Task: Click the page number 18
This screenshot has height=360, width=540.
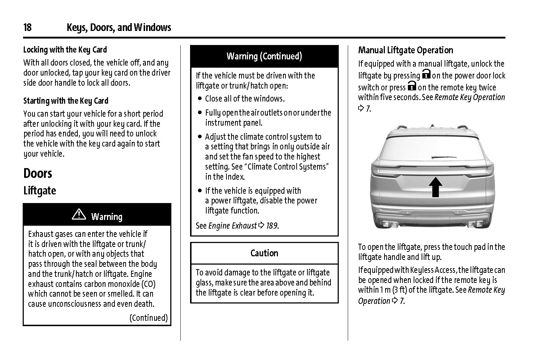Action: pyautogui.click(x=27, y=27)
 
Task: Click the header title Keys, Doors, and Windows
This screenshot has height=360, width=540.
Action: pyautogui.click(x=119, y=27)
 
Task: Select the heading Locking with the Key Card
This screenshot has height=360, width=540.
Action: pyautogui.click(x=65, y=50)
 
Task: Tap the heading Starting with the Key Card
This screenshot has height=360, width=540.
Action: pyautogui.click(x=66, y=101)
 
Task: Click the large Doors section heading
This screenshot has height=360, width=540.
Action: pyautogui.click(x=38, y=174)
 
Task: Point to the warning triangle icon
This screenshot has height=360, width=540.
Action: pyautogui.click(x=79, y=215)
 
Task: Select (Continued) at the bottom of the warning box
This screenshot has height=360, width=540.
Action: pyautogui.click(x=149, y=318)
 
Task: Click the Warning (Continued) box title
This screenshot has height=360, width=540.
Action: pyautogui.click(x=264, y=57)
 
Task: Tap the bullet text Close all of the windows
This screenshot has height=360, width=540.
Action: pyautogui.click(x=245, y=99)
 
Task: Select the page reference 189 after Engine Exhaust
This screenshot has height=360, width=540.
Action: pyautogui.click(x=272, y=226)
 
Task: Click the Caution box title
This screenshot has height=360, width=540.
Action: pyautogui.click(x=264, y=253)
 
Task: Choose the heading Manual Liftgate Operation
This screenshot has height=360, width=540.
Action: pyautogui.click(x=406, y=50)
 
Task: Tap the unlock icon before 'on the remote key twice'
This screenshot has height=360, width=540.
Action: pyautogui.click(x=412, y=86)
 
